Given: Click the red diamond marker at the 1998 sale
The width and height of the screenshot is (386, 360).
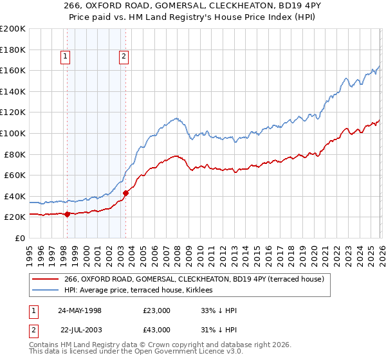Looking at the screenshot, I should (x=68, y=215).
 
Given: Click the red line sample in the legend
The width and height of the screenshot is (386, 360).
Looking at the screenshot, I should (x=46, y=279).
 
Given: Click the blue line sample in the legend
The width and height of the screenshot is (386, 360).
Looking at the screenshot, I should (x=46, y=291).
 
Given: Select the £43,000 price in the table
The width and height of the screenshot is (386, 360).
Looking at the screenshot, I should (x=157, y=330).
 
